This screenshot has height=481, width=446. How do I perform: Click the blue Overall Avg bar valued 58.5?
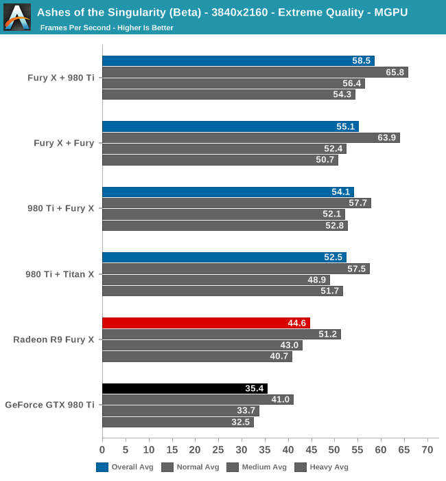[x=238, y=60]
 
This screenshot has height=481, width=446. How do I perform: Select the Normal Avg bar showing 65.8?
[x=255, y=72]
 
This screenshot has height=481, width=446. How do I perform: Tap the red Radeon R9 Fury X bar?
[x=206, y=323]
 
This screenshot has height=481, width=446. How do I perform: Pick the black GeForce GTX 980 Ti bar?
[x=185, y=388]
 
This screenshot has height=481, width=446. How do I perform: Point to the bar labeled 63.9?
[x=250, y=137]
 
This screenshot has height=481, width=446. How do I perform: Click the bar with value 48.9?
[x=215, y=280]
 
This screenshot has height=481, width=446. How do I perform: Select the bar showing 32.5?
[x=178, y=422]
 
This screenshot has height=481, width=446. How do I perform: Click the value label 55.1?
[x=345, y=126]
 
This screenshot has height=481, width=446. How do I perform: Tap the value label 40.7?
[x=279, y=357]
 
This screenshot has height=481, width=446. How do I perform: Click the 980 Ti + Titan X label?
[x=60, y=274]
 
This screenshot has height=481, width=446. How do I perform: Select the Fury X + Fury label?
[x=64, y=143]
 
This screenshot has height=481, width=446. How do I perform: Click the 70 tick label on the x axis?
[x=427, y=450]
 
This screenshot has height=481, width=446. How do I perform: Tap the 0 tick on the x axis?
[x=102, y=450]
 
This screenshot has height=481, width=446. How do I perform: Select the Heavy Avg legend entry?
[x=322, y=467]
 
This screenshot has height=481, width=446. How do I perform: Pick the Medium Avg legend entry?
[x=257, y=467]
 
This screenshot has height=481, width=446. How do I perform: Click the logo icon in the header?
[x=17, y=17]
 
